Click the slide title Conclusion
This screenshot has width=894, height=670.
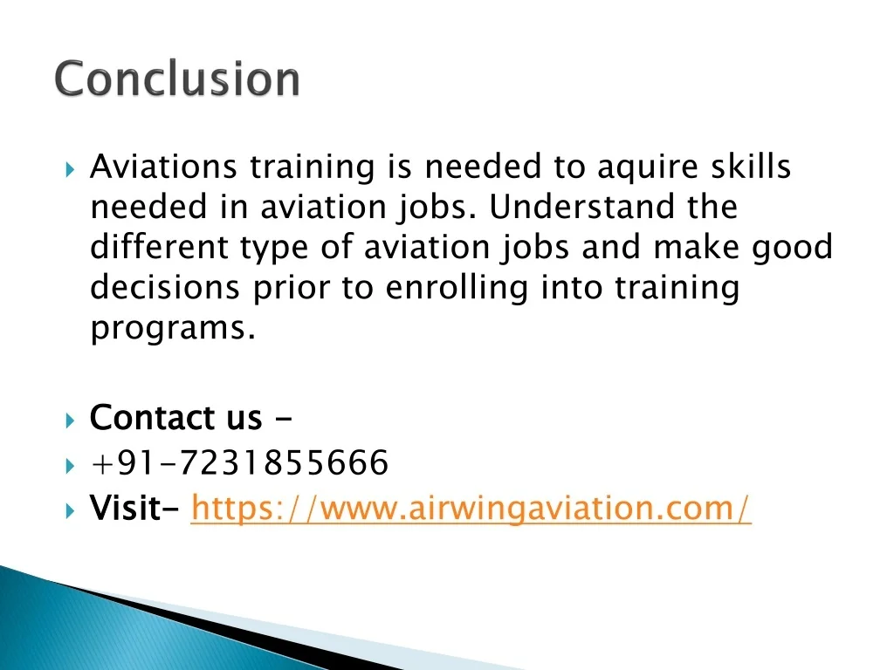coord(178,79)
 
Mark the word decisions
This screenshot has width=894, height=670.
coord(166,288)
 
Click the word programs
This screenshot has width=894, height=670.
coord(172,329)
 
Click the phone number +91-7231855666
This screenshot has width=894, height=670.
coord(238,463)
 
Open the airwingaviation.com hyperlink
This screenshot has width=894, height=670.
coord(471,508)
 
